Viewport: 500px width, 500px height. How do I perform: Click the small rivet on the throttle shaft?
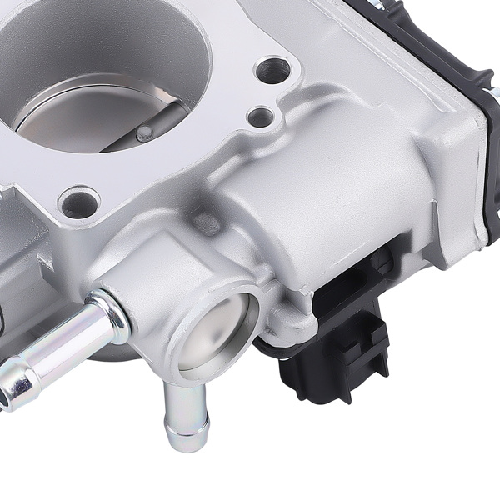click(x=144, y=131)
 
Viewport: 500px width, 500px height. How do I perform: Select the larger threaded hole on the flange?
click(x=272, y=71)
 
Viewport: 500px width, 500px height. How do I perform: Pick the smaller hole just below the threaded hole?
click(x=261, y=117)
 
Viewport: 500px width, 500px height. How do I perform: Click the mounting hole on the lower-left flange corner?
click(x=79, y=202)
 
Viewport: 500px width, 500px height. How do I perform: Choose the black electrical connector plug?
click(x=333, y=350)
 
